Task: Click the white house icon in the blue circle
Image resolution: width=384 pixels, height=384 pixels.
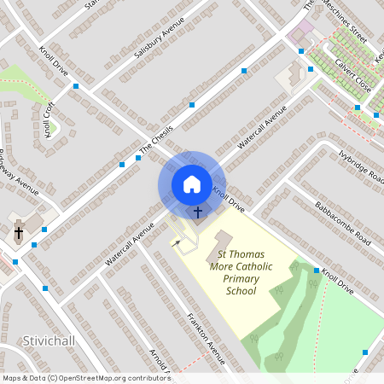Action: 192,183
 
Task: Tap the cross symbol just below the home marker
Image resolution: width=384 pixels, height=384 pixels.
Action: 198,211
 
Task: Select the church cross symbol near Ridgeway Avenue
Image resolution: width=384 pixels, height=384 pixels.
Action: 19,232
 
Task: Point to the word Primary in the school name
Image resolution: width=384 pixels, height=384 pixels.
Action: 241,279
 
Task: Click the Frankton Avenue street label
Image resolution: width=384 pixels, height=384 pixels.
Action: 205,337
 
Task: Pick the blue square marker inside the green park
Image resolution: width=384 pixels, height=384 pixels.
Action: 364,352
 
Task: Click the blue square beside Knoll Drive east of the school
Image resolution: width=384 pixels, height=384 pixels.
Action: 316,271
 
